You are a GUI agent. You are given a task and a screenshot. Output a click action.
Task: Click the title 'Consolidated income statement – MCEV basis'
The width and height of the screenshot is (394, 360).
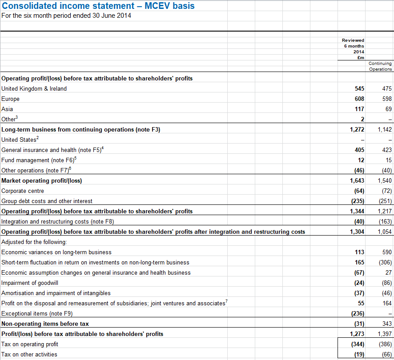tap(98, 6)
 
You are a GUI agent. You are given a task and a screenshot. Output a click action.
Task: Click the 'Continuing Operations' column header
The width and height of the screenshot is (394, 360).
tap(380, 66)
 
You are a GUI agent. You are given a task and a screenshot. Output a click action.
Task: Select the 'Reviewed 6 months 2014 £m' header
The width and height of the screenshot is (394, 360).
tap(354, 49)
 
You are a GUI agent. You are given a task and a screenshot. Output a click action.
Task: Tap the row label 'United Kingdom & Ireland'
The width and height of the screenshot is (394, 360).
tap(34, 88)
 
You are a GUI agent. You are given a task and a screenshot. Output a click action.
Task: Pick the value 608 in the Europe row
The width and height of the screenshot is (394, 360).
tap(359, 99)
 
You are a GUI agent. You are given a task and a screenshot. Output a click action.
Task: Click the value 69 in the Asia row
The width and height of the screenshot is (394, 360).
tap(388, 109)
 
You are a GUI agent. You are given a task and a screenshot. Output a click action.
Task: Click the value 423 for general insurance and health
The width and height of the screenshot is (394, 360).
tap(387, 150)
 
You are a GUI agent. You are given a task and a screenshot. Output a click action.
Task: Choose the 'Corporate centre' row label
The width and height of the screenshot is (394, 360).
tap(23, 191)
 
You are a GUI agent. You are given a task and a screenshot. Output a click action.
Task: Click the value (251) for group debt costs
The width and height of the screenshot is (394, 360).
tap(385, 201)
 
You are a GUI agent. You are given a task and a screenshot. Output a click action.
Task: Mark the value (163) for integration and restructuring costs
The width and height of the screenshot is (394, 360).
tap(385, 221)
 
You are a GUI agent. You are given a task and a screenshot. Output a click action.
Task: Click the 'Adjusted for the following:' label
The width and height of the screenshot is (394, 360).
tap(34, 242)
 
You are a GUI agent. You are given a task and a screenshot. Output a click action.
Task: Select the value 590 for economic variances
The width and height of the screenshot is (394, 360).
tap(387, 252)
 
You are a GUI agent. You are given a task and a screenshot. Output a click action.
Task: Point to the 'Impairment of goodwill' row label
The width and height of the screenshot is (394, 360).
tap(30, 283)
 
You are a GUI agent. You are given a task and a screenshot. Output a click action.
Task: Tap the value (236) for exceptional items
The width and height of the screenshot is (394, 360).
tap(358, 313)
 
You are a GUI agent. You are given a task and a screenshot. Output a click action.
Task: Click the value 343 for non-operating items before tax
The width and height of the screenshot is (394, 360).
tap(387, 324)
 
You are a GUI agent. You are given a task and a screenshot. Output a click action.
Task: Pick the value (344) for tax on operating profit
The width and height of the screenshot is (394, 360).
tap(358, 344)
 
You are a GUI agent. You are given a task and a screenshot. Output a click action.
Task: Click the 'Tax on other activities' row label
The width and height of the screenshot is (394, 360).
tap(29, 354)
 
